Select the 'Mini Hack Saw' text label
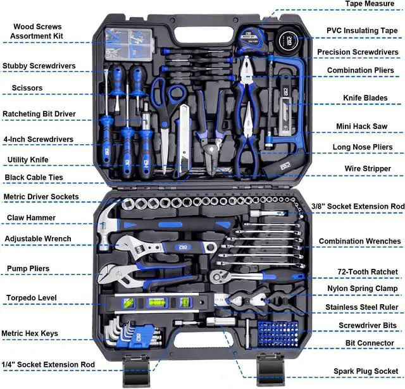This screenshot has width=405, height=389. coord(361,127)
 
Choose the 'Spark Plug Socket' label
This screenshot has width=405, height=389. coord(366,371)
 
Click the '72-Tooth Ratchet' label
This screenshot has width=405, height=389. coord(363,272)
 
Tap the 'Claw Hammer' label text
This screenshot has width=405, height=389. coord(31,218)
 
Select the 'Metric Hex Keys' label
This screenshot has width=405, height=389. coord(30,333)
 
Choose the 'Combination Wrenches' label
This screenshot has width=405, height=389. coord(359,241)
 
